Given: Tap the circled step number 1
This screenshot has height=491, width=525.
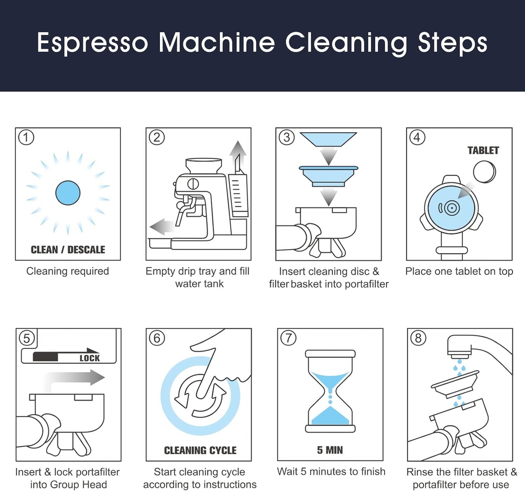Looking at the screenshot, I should tap(26, 137).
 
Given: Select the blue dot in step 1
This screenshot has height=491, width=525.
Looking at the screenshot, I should tap(68, 193).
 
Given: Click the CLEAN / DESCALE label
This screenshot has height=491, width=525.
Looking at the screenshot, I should tap(68, 250).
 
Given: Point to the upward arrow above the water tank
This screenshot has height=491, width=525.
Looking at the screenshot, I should tap(237, 154).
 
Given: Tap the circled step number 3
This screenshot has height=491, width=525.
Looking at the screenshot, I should tap(287, 137).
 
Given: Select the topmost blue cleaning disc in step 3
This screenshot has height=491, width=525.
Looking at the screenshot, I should tap(328, 139).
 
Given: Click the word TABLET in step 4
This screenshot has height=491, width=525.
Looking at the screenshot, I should tap(483, 150).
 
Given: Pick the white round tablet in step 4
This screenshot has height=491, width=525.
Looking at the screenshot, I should tap(484, 171).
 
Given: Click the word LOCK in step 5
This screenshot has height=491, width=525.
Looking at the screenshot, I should tap(89, 358).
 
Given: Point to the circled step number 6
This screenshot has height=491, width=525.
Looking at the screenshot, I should tap(156, 338).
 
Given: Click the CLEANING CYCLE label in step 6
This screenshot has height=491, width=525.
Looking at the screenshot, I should tap(200, 451).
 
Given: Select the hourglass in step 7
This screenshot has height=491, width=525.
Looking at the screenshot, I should tap(330, 391).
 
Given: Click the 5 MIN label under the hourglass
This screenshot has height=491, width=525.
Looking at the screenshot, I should tap(330, 451).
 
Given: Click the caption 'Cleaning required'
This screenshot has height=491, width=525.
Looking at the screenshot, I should tap(68, 271).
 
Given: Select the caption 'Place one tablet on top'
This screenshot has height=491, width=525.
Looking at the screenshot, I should tap(459, 271).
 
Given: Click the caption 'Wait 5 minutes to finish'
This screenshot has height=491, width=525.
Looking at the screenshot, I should tap(331, 472).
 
